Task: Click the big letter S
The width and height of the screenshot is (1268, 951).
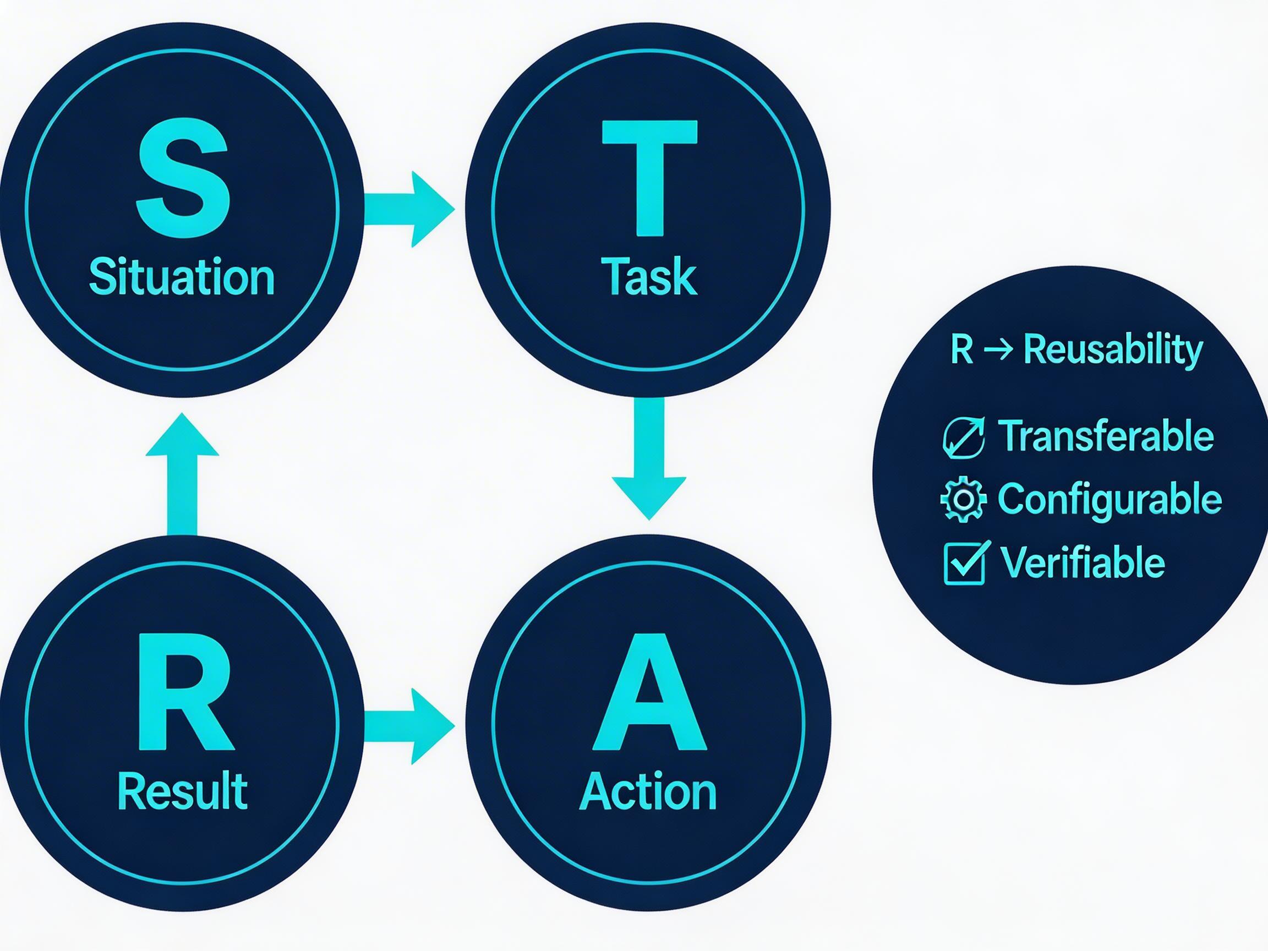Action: [183, 179]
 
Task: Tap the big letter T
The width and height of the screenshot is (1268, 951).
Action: [649, 178]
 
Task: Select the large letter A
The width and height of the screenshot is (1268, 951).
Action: [649, 692]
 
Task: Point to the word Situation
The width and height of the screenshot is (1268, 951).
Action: [182, 277]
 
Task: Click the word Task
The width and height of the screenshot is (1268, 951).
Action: [649, 277]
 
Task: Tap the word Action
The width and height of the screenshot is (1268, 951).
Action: [648, 790]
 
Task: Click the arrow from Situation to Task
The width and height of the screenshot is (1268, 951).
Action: [409, 209]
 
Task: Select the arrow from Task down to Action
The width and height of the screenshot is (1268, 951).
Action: [649, 458]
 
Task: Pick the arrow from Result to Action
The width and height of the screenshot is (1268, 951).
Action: [409, 726]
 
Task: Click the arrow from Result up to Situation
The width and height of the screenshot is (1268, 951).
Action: [182, 474]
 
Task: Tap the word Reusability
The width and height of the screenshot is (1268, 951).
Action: [1113, 349]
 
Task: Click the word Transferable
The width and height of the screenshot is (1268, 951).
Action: [1106, 436]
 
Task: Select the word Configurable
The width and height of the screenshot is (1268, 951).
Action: [1110, 499]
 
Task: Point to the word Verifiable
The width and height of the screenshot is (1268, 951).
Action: [1083, 562]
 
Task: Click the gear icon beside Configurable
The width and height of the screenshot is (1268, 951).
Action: [964, 499]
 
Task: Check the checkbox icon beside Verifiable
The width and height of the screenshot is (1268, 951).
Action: [966, 562]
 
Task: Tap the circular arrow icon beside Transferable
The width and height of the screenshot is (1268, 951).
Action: [964, 438]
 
